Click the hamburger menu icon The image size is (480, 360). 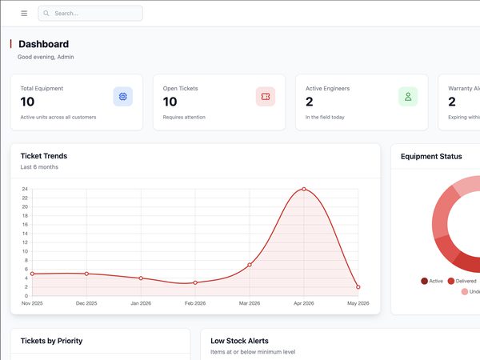pyautogui.click(x=24, y=13)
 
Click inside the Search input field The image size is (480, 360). pyautogui.click(x=90, y=14)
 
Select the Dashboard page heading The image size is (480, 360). pyautogui.click(x=43, y=44)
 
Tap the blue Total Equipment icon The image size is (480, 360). pyautogui.click(x=122, y=97)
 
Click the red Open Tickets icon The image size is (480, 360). pyautogui.click(x=266, y=97)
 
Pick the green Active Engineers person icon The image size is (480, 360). pyautogui.click(x=408, y=97)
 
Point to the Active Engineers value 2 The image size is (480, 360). pyautogui.click(x=309, y=102)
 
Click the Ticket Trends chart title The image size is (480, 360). pyautogui.click(x=44, y=156)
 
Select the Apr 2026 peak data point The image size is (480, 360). pyautogui.click(x=304, y=189)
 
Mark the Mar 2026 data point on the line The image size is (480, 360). pyautogui.click(x=250, y=265)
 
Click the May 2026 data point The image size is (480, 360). pyautogui.click(x=358, y=287)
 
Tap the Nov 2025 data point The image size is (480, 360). pyautogui.click(x=32, y=274)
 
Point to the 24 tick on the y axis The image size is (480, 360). pyautogui.click(x=25, y=189)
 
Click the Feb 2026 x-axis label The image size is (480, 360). pyautogui.click(x=195, y=303)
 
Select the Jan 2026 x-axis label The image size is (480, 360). pyautogui.click(x=141, y=303)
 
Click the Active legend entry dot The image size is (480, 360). pyautogui.click(x=424, y=281)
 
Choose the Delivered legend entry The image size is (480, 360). pyautogui.click(x=462, y=281)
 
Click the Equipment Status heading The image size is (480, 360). pyautogui.click(x=431, y=157)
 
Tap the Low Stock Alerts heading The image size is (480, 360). pyautogui.click(x=239, y=341)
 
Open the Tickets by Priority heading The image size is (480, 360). pyautogui.click(x=51, y=341)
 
